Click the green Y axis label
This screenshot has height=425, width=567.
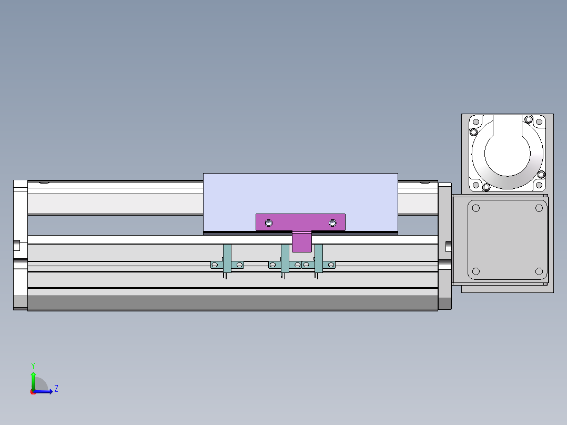tap(33, 366)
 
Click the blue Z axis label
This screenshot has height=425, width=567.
tap(56, 389)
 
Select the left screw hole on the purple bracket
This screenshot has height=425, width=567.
tap(269, 223)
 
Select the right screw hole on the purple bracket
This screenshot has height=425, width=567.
tap(332, 223)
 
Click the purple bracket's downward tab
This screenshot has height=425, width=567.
tap(302, 242)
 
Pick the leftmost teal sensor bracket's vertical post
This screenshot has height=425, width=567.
tap(227, 258)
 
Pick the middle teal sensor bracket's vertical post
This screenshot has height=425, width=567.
tap(285, 258)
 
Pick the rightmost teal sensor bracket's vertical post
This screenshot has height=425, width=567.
tap(319, 258)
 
